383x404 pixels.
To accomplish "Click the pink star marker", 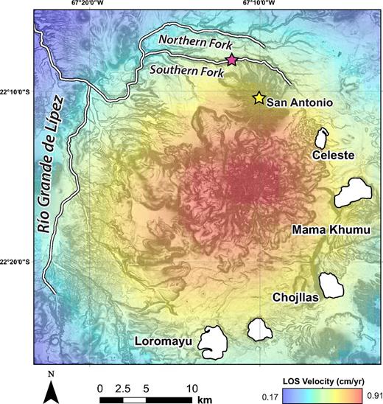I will tap(231, 60).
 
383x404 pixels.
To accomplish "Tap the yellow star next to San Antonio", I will tap(259, 98).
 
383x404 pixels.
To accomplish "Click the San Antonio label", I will tap(299, 101).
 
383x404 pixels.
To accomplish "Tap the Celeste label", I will tap(334, 156).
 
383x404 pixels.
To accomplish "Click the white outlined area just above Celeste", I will tap(322, 138).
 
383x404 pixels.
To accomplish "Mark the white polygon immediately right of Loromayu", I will tap(259, 330).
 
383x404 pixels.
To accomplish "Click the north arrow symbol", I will tap(49, 388).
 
